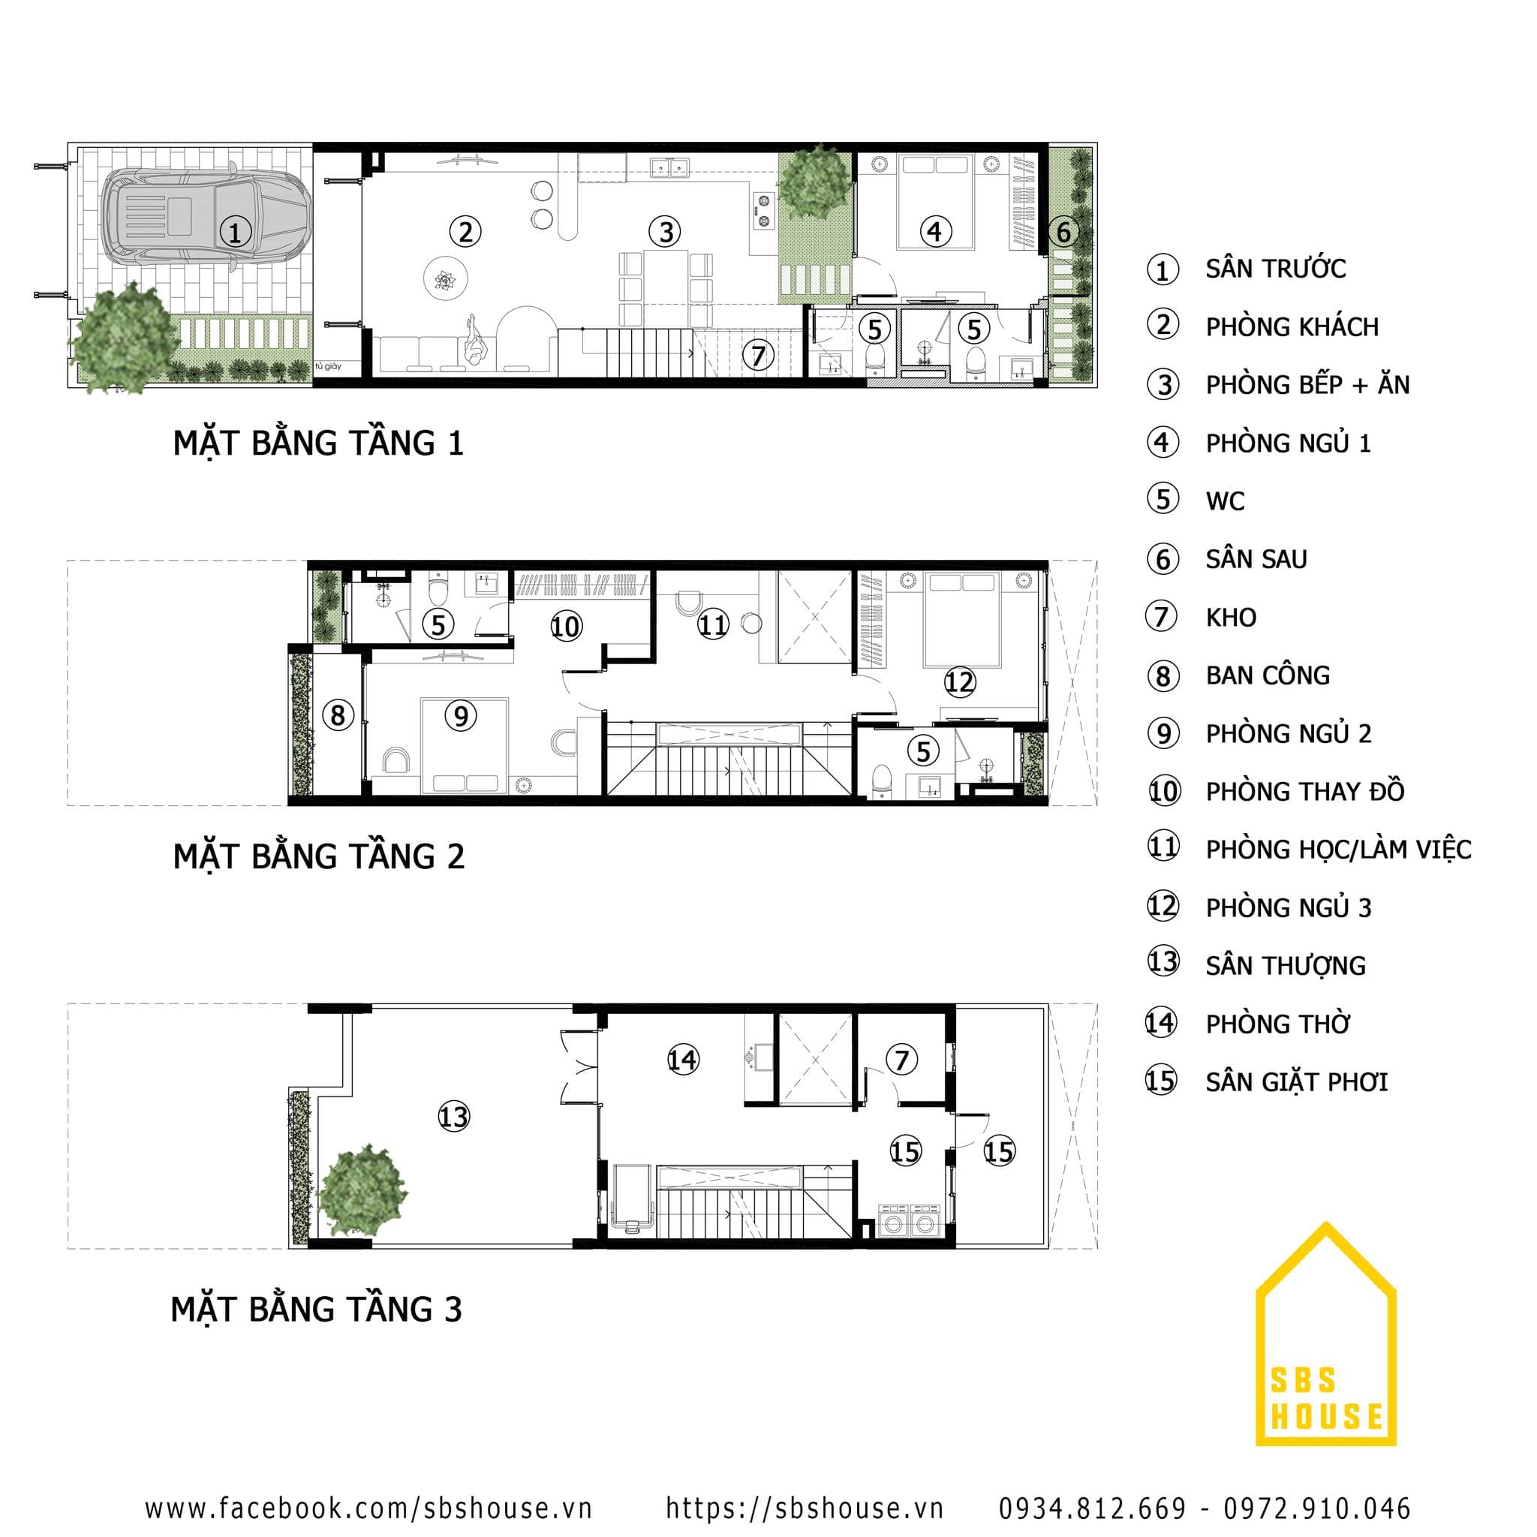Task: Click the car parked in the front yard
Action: (x=205, y=217)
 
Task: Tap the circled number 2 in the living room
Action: (x=465, y=233)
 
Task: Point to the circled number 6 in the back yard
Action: (x=1063, y=233)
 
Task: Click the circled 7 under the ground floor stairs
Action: (x=758, y=356)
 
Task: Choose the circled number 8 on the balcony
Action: (x=337, y=715)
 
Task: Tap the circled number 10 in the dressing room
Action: (x=566, y=627)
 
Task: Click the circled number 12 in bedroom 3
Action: (x=959, y=681)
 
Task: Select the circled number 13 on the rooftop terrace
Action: (x=453, y=1117)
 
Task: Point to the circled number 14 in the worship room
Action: (x=683, y=1060)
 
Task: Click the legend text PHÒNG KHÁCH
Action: (x=1291, y=327)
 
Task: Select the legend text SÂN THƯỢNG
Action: (x=1285, y=966)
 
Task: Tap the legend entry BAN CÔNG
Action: (x=1268, y=675)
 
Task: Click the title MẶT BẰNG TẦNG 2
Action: (x=318, y=857)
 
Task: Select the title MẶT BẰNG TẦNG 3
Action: (x=316, y=1310)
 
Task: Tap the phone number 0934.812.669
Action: (x=1091, y=1508)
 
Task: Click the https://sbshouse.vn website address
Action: (x=804, y=1508)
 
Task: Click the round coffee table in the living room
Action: (x=446, y=279)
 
